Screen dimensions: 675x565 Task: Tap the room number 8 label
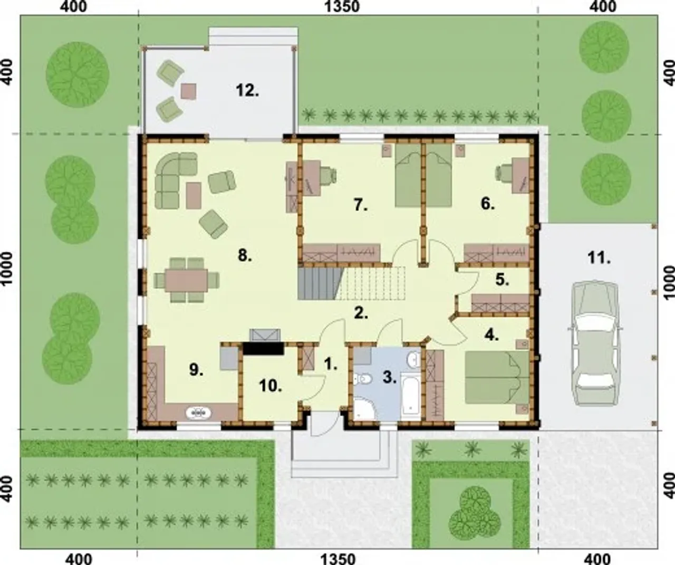pyautogui.click(x=245, y=256)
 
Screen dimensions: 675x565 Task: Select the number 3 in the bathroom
pyautogui.click(x=389, y=377)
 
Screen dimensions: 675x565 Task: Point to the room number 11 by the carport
pyautogui.click(x=599, y=258)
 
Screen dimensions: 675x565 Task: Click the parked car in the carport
pyautogui.click(x=595, y=343)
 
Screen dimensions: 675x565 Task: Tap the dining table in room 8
pyautogui.click(x=187, y=280)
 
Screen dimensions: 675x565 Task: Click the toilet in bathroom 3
pyautogui.click(x=363, y=379)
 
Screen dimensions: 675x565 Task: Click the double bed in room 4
pyautogui.click(x=497, y=377)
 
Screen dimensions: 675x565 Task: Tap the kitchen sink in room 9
pyautogui.click(x=198, y=413)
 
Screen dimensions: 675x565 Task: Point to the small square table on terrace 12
pyautogui.click(x=188, y=91)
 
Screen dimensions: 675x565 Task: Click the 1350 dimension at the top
pyautogui.click(x=342, y=6)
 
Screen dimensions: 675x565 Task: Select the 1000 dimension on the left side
pyautogui.click(x=7, y=269)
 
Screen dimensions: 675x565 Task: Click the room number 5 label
pyautogui.click(x=502, y=280)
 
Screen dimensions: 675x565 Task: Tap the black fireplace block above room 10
pyautogui.click(x=263, y=349)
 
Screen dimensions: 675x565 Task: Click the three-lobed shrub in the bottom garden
pyautogui.click(x=475, y=512)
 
